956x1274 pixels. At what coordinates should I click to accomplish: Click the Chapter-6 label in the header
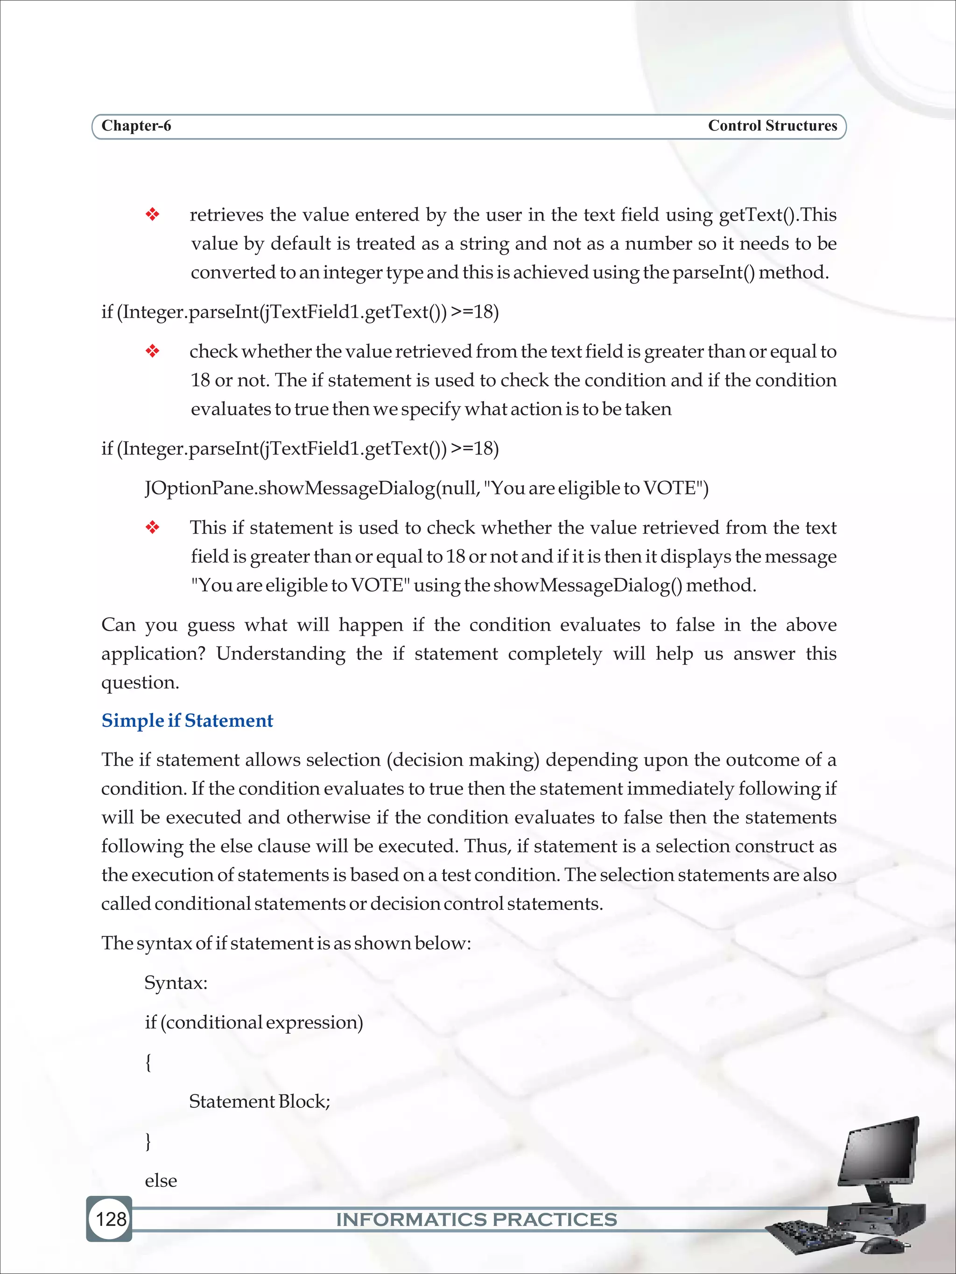[136, 125]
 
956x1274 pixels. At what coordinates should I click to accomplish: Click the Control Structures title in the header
[772, 125]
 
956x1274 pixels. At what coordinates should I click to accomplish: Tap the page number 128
[111, 1218]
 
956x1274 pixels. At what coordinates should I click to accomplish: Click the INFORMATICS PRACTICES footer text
[477, 1219]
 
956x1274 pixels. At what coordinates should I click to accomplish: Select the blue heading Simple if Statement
[187, 721]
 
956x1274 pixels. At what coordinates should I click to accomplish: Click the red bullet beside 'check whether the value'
[152, 351]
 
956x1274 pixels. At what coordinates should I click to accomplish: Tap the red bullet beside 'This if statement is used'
[152, 528]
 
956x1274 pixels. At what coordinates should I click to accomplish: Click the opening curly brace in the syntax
[148, 1061]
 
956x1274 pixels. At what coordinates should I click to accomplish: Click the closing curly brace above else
[148, 1141]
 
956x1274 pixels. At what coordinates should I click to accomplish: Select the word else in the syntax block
[161, 1180]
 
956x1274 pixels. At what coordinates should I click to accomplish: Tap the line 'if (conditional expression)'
[253, 1022]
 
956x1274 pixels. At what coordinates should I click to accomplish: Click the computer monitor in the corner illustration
[880, 1152]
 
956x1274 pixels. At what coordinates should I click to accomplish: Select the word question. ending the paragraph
[140, 682]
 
